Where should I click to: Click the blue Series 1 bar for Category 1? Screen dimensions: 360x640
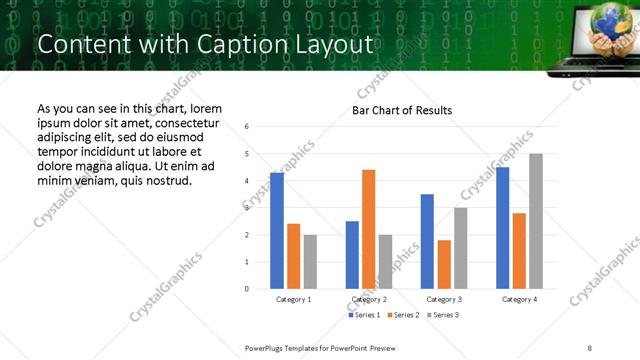(277, 231)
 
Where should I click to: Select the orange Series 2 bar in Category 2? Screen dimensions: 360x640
(368, 229)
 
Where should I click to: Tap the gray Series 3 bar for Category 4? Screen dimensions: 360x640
(536, 221)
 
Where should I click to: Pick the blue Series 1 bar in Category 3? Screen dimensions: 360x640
(427, 241)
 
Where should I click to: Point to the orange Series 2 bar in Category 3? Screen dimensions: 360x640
(444, 264)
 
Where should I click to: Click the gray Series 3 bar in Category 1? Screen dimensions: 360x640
(310, 262)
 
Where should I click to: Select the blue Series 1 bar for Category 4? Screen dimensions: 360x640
(503, 228)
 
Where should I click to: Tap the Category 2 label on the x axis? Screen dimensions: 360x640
(369, 299)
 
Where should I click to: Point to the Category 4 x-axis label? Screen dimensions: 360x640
(519, 299)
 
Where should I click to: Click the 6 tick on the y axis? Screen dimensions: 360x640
(247, 126)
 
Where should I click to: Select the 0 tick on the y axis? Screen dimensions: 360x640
(247, 289)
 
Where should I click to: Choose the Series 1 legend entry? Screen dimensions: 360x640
(364, 315)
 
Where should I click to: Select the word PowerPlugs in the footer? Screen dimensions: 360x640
(267, 347)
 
